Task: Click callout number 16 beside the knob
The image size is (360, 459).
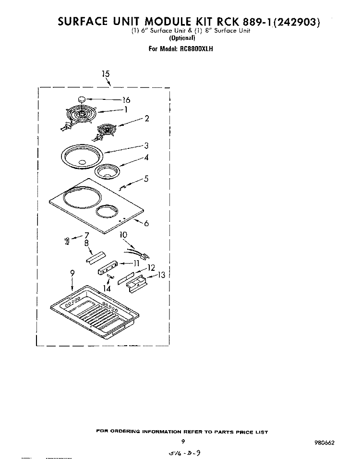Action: [x=126, y=100]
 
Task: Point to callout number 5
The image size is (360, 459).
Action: [x=146, y=178]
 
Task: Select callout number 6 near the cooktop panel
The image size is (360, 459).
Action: [x=146, y=223]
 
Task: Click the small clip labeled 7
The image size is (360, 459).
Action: [x=67, y=241]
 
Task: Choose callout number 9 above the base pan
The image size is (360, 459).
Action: [x=72, y=273]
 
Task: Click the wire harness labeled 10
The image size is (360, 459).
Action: [x=137, y=254]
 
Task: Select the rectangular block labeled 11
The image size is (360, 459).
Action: [x=108, y=267]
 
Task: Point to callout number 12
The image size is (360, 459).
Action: [x=151, y=267]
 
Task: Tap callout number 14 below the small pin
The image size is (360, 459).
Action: [x=107, y=289]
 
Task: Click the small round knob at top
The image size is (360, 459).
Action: [x=82, y=99]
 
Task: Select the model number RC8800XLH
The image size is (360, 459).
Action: [x=194, y=48]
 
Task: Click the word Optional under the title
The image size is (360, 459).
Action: [x=182, y=38]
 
